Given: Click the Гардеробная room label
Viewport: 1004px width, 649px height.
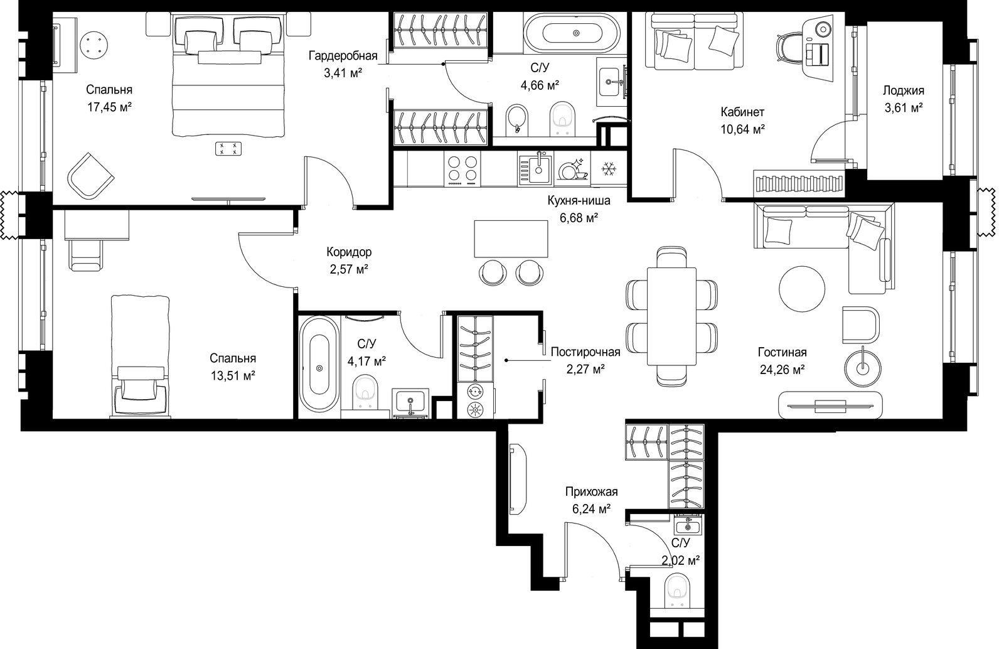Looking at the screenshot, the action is (x=343, y=56).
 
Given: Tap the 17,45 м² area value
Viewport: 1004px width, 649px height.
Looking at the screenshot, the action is (x=109, y=107).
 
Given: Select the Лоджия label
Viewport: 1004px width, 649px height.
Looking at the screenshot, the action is (x=904, y=91).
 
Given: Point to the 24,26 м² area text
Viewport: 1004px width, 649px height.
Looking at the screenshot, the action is (x=782, y=370).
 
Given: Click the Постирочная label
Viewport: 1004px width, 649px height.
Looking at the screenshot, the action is (x=585, y=352).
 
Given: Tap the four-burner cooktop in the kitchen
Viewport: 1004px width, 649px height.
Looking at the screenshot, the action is (x=462, y=168).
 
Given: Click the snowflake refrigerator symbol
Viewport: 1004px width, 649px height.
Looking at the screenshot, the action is (x=608, y=168).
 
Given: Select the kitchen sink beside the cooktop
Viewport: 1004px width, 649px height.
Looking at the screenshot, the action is (x=536, y=168).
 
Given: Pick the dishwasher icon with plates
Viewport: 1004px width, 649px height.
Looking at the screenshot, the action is (x=572, y=168).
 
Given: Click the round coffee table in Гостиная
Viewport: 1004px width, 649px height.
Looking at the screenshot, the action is (x=802, y=289).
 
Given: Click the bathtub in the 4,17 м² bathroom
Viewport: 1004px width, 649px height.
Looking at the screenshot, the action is (x=319, y=364).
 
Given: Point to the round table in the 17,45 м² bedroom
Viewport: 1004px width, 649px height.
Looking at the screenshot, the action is (x=94, y=46).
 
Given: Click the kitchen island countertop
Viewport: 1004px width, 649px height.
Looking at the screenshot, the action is (x=511, y=239).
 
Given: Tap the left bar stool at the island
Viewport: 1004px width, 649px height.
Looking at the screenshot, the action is (x=493, y=272).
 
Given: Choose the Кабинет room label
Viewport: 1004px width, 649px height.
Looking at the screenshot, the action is (x=742, y=112).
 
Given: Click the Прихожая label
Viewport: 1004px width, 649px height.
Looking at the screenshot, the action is (x=591, y=491).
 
